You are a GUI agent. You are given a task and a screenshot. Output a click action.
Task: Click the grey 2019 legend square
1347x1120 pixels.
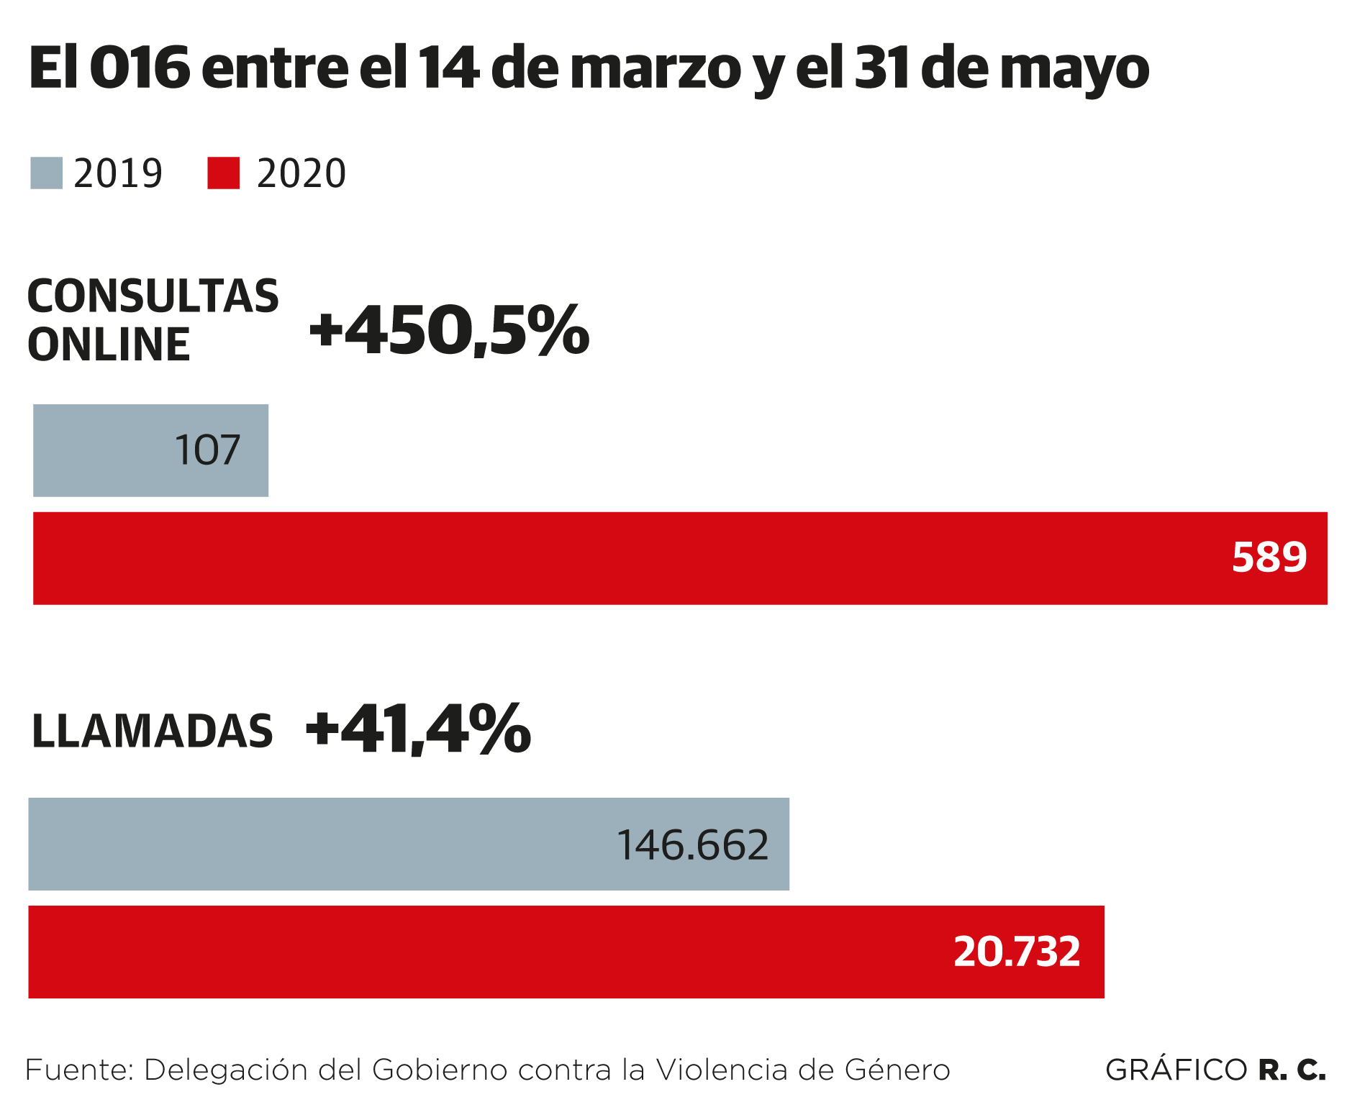pyautogui.click(x=46, y=173)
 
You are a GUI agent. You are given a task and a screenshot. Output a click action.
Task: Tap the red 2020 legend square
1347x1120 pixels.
pyautogui.click(x=223, y=173)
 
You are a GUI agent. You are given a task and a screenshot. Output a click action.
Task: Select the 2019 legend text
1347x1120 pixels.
pyautogui.click(x=118, y=174)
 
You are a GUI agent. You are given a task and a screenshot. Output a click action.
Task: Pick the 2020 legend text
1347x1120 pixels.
pyautogui.click(x=301, y=174)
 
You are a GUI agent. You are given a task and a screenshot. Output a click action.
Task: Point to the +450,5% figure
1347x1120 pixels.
pyautogui.click(x=449, y=331)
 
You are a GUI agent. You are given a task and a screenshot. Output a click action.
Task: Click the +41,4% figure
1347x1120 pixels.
pyautogui.click(x=418, y=729)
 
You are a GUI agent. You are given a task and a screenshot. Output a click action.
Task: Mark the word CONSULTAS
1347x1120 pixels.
pyautogui.click(x=153, y=296)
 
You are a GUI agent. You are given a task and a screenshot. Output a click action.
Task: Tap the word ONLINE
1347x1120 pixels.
pyautogui.click(x=109, y=345)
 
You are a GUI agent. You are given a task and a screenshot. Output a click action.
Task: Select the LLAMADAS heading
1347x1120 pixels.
pyautogui.click(x=153, y=732)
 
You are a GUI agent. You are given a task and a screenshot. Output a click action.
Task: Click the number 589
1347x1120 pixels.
pyautogui.click(x=1269, y=557)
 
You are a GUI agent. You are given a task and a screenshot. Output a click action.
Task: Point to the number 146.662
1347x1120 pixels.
pyautogui.click(x=693, y=844)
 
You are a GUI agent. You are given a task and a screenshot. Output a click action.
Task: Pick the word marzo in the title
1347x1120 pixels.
pyautogui.click(x=655, y=69)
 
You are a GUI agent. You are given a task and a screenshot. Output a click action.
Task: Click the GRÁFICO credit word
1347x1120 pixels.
pyautogui.click(x=1176, y=1070)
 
